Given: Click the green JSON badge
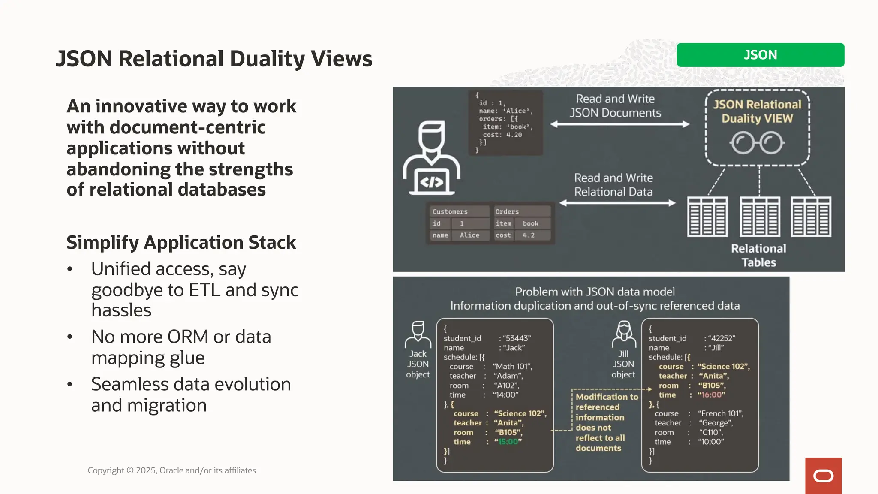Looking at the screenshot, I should [760, 55].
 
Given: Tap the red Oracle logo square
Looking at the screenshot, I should [823, 476].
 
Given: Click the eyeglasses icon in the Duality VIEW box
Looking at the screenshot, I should [757, 143].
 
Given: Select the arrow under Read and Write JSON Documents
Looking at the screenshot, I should [619, 124].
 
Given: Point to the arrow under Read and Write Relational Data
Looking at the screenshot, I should [617, 203].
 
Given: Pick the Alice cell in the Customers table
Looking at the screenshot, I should [469, 235].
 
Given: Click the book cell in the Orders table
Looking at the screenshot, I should [530, 224].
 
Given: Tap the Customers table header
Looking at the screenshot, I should [450, 212].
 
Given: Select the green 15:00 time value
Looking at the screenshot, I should [508, 442].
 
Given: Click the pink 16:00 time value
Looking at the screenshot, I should [711, 395].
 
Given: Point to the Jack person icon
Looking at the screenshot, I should [418, 334].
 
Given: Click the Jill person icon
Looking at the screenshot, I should [623, 334].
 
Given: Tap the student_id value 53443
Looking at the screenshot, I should [517, 338].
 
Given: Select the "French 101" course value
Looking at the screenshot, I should [720, 414].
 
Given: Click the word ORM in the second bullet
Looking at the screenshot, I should [188, 337].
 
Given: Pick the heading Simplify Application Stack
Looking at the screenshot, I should [181, 243].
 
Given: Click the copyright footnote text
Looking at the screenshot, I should [171, 470].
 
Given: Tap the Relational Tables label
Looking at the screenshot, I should [758, 256].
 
